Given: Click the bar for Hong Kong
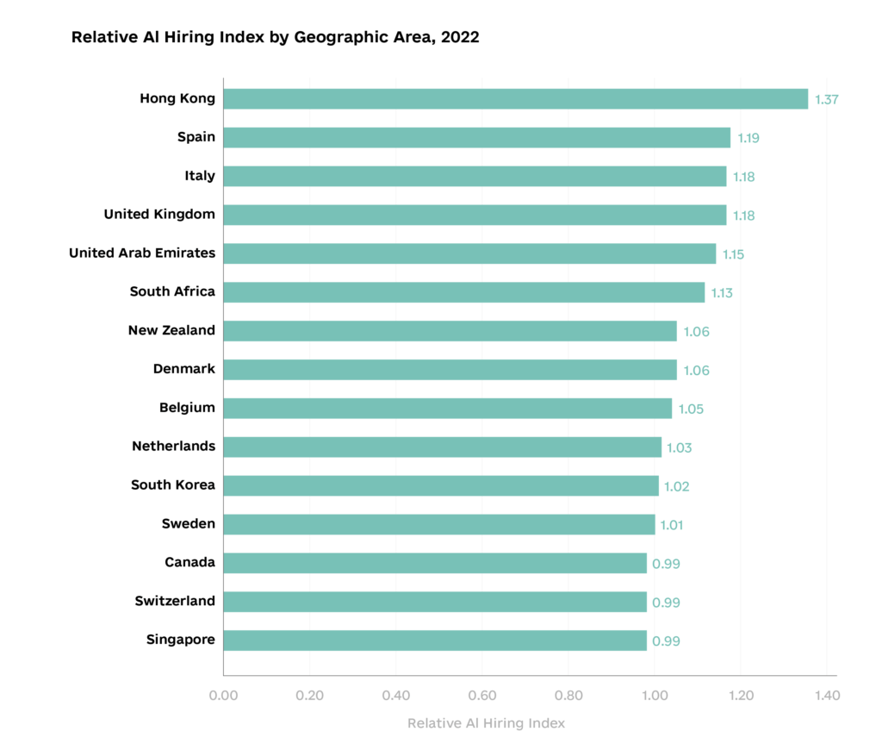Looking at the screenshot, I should coord(515,98).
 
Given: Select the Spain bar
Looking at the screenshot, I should coord(476,137).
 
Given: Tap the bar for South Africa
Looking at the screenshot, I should coord(463,292).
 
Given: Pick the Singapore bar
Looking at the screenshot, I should coord(435,641).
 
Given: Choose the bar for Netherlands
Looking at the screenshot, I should coord(442,447).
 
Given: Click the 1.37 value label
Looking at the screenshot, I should coord(826,99).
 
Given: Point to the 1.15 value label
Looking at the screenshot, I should coord(732,254).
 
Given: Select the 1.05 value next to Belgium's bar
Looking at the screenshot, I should coord(691,409).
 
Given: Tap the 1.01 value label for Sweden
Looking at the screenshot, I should coord(671,525).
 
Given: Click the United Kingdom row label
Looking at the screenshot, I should coord(159,214).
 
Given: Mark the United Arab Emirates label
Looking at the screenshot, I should coord(142,253).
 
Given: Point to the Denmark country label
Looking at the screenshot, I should coord(183,369).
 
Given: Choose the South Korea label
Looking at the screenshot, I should coord(172,485).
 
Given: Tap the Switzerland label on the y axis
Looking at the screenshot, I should coord(175,601).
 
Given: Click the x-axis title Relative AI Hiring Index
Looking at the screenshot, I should coord(486,723).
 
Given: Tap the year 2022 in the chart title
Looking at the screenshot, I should coord(457,37).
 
